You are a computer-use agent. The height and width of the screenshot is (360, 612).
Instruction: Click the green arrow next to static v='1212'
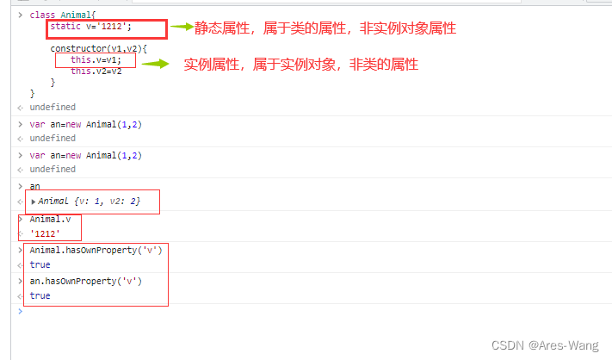click(182, 27)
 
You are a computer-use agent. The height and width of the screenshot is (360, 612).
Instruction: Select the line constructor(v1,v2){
click(98, 49)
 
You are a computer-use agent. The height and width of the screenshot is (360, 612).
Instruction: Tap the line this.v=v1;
click(96, 60)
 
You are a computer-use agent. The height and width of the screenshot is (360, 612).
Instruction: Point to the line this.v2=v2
click(96, 71)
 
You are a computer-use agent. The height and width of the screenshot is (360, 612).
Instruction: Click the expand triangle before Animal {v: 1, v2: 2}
click(34, 202)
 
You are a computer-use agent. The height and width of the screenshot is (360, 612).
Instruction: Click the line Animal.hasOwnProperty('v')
click(96, 250)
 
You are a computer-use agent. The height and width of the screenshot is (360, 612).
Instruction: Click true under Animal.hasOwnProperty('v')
click(40, 265)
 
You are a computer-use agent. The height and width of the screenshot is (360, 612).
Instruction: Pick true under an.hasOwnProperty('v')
click(40, 295)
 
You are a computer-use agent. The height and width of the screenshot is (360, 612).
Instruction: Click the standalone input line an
click(35, 185)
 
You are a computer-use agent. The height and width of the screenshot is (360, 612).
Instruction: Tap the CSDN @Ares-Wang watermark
click(544, 345)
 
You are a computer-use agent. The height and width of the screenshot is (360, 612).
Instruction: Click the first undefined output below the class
click(53, 107)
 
